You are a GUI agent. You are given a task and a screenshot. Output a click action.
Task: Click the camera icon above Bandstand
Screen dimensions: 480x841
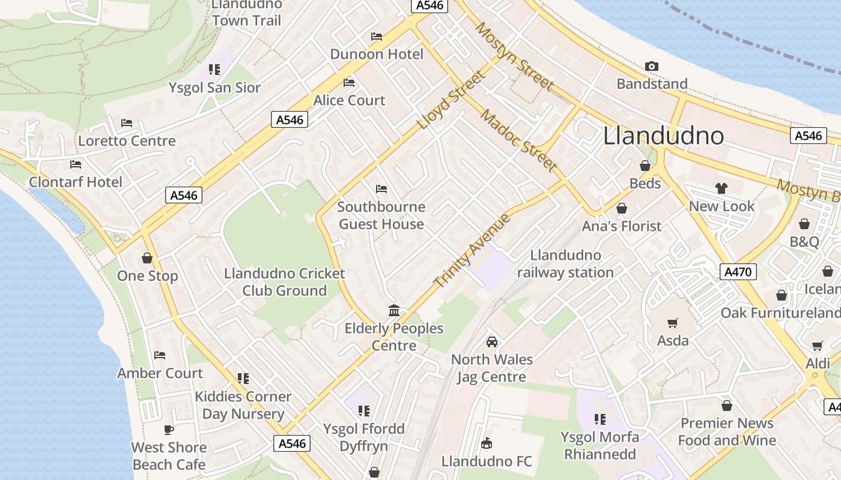pyautogui.click(x=651, y=67)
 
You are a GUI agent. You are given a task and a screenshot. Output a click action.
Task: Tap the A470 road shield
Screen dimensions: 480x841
pyautogui.click(x=738, y=272)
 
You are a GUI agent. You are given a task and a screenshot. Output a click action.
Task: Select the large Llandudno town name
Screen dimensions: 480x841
pyautogui.click(x=663, y=136)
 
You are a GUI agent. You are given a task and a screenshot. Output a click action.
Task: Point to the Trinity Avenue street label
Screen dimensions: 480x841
pyautogui.click(x=472, y=251)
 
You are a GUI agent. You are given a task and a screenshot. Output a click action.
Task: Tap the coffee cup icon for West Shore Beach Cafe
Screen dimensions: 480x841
pyautogui.click(x=169, y=430)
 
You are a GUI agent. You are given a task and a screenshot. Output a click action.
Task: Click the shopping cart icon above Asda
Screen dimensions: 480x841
pyautogui.click(x=673, y=323)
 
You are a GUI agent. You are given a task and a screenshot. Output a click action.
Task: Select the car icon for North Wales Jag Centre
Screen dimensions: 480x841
pyautogui.click(x=491, y=342)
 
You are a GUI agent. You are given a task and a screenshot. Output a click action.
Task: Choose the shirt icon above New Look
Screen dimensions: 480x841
pyautogui.click(x=721, y=188)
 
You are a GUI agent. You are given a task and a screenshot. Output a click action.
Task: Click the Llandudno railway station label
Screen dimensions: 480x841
pyautogui.click(x=565, y=264)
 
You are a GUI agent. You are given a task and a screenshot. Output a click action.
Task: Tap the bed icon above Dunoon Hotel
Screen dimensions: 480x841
pyautogui.click(x=377, y=37)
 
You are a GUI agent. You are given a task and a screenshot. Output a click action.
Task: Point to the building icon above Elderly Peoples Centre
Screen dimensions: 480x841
pyautogui.click(x=394, y=310)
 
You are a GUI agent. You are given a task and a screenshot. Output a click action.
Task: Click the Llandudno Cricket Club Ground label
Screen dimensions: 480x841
pyautogui.click(x=285, y=282)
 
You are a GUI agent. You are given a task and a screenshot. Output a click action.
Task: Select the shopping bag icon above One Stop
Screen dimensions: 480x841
pyautogui.click(x=147, y=258)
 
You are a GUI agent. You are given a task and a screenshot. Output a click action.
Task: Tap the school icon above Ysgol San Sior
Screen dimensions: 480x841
pyautogui.click(x=214, y=70)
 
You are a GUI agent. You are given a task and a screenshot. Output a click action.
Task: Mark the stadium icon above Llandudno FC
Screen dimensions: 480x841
pyautogui.click(x=487, y=443)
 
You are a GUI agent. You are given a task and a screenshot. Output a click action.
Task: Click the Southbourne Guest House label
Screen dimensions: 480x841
pyautogui.click(x=381, y=215)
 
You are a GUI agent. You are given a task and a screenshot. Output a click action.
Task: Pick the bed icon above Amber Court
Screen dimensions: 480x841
pyautogui.click(x=160, y=355)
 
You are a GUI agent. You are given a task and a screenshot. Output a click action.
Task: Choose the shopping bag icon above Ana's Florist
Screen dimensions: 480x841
pyautogui.click(x=622, y=208)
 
